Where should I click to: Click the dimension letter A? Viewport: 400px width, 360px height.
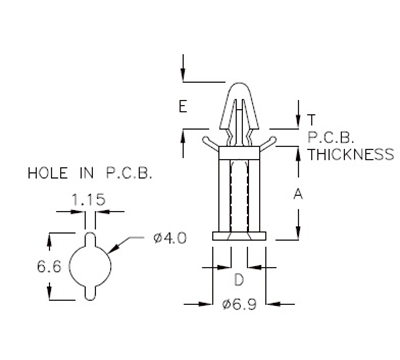click(x=298, y=196)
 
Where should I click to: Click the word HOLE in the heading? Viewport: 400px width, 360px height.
click(x=46, y=174)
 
